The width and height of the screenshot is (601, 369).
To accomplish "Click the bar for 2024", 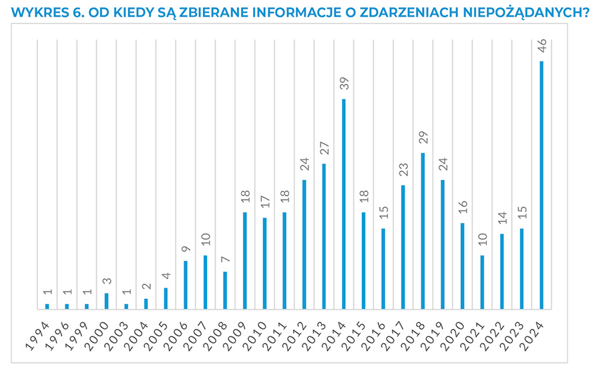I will (x=542, y=185).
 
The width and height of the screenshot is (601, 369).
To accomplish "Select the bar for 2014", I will (x=344, y=204).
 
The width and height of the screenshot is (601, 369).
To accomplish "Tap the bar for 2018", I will (x=423, y=231).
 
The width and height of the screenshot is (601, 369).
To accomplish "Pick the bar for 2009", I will (x=245, y=260).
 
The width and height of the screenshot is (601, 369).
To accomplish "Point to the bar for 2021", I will (x=482, y=282).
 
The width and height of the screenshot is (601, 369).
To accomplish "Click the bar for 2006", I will (x=186, y=284).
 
